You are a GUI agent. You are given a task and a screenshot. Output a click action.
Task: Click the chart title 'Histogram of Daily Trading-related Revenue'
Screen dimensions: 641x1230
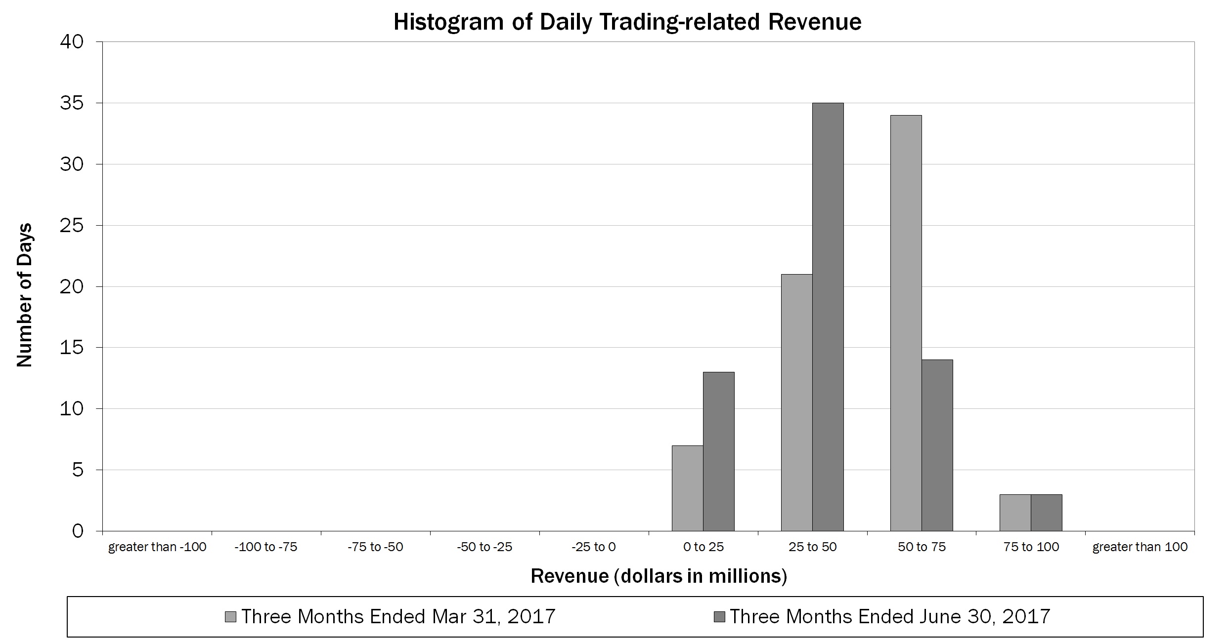point(627,22)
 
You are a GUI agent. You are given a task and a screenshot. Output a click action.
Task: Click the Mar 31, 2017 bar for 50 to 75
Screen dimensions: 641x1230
point(906,323)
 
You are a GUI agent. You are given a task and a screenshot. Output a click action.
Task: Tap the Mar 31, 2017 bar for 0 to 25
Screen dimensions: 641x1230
point(687,488)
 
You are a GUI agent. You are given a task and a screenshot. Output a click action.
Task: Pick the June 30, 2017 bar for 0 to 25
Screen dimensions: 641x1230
point(718,452)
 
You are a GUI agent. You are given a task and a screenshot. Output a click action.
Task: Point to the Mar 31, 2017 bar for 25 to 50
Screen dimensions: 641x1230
point(796,403)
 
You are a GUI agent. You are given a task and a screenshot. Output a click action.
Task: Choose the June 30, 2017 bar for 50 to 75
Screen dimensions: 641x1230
point(937,445)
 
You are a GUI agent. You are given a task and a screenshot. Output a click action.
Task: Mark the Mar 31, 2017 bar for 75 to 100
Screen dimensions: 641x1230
point(1015,513)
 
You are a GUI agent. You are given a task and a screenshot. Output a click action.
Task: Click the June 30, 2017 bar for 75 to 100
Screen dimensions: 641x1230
point(1046,513)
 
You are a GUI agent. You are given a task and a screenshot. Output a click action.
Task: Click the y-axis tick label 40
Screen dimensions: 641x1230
point(72,42)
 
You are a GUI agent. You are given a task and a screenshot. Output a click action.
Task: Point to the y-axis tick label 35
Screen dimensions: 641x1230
point(72,104)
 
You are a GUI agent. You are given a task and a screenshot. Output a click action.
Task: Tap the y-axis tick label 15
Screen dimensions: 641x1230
point(72,348)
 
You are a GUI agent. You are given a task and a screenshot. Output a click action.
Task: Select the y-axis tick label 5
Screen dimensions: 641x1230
point(78,470)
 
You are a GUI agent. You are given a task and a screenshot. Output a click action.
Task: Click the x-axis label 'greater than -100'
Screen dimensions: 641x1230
point(157,547)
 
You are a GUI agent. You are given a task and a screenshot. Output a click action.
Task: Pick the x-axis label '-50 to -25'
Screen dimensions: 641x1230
point(484,547)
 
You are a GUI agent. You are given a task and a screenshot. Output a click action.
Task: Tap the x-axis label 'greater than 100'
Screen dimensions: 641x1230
point(1140,547)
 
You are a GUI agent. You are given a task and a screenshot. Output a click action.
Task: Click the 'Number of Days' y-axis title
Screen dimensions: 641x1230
point(24,295)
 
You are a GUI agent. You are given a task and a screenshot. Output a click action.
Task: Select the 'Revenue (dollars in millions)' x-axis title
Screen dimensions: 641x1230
point(659,576)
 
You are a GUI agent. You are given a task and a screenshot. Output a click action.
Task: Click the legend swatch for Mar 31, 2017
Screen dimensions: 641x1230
point(230,617)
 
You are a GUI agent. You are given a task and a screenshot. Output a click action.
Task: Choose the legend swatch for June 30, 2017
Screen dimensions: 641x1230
point(720,617)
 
